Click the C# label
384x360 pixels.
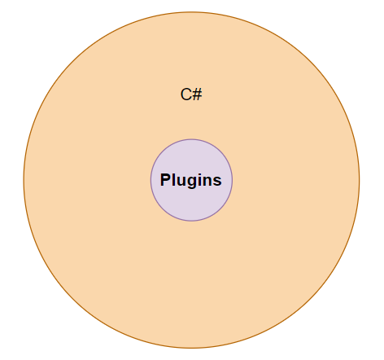click(191, 94)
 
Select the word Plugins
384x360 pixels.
click(191, 180)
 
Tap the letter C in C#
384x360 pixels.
click(185, 94)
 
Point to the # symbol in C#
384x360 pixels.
click(198, 94)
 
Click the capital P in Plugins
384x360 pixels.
click(165, 179)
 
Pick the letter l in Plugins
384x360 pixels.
click(174, 179)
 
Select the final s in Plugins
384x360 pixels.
click(217, 182)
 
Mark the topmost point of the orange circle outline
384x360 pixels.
click(191, 12)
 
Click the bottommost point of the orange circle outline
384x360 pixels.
click(191, 348)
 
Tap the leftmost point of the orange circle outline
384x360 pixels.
click(24, 180)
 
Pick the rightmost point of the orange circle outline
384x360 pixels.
click(360, 180)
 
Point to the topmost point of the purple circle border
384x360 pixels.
click(191, 139)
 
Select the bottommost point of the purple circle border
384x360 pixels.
click(191, 221)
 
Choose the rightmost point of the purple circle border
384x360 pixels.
click(232, 180)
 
